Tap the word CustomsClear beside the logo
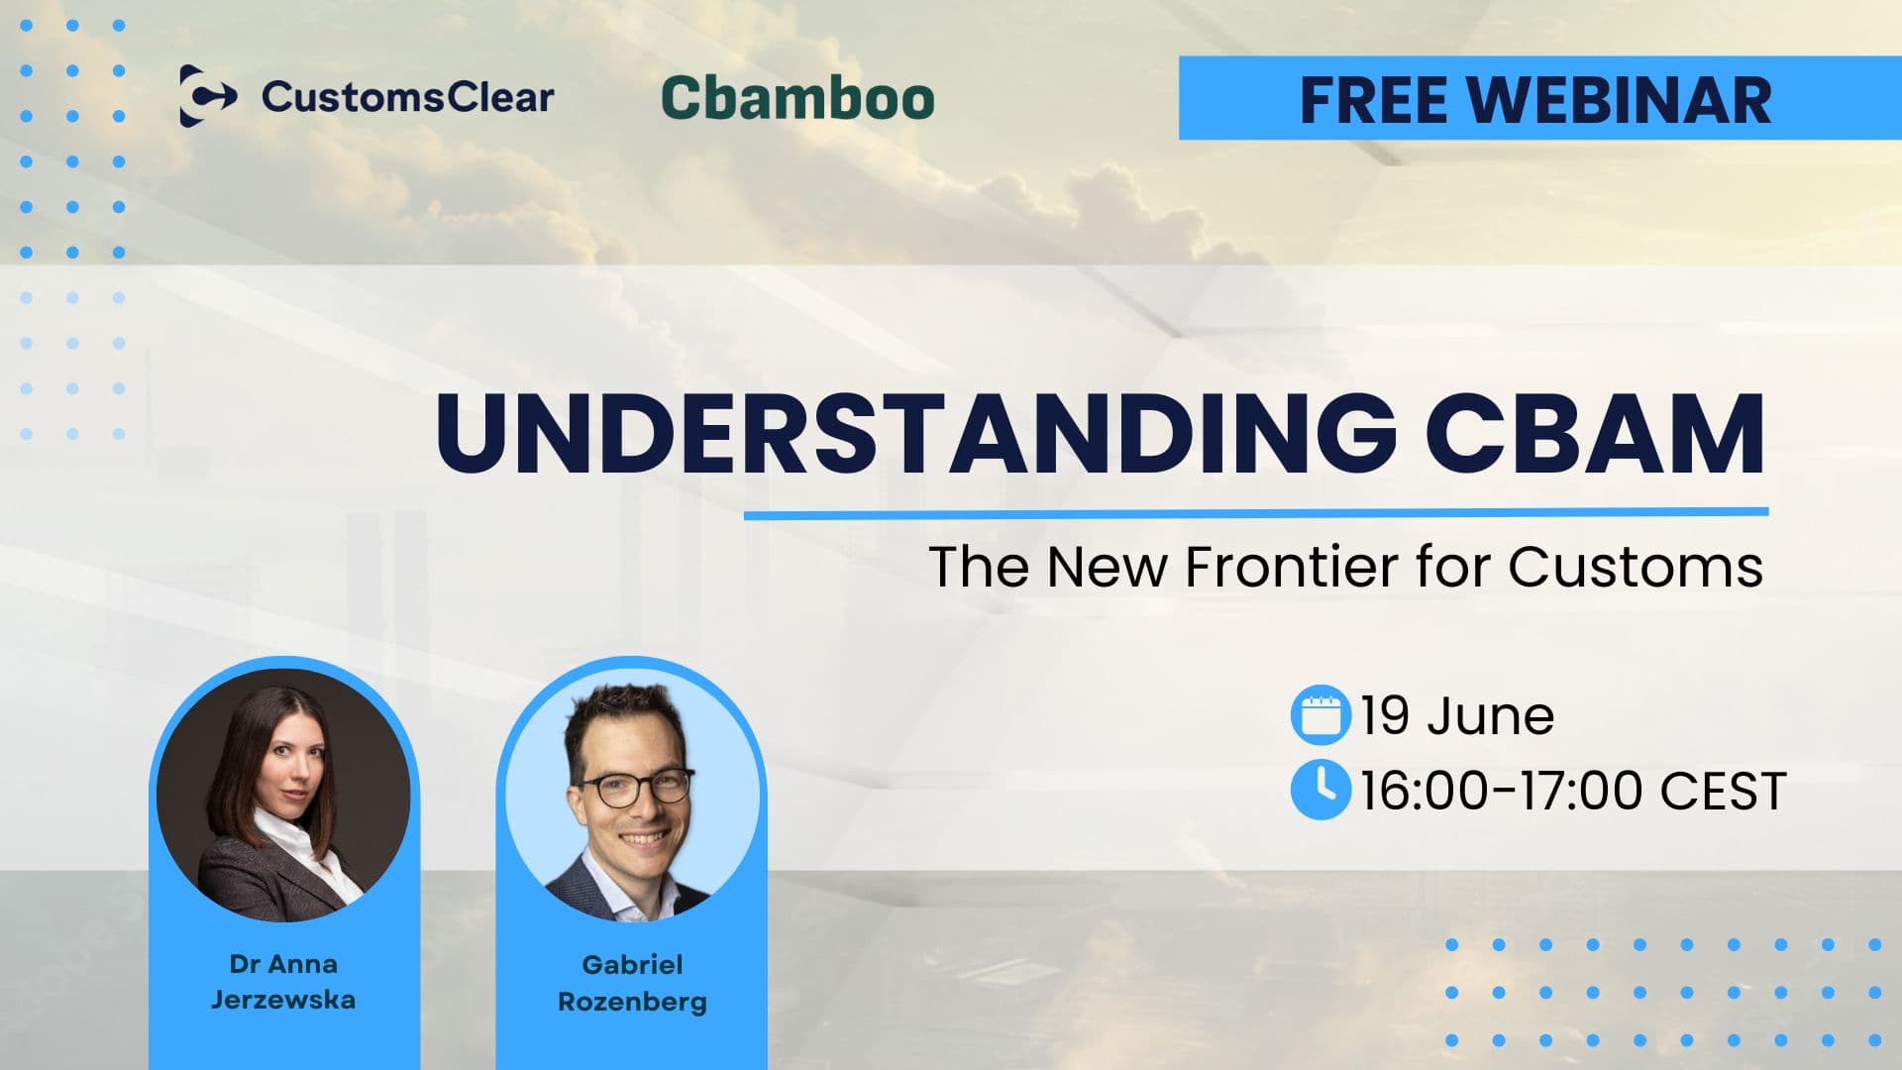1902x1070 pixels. pos(407,97)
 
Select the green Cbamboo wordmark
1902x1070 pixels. pos(797,98)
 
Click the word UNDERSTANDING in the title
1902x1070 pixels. pos(915,434)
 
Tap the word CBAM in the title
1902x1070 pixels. pos(1595,434)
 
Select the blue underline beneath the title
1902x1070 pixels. pos(1255,513)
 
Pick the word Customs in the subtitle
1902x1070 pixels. pos(1636,567)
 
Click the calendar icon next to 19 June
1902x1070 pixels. pos(1320,714)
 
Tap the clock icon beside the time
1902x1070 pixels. pos(1320,790)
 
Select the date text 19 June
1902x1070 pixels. pos(1456,715)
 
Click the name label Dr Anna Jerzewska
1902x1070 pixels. pos(283,981)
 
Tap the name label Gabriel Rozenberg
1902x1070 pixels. pos(632,982)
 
